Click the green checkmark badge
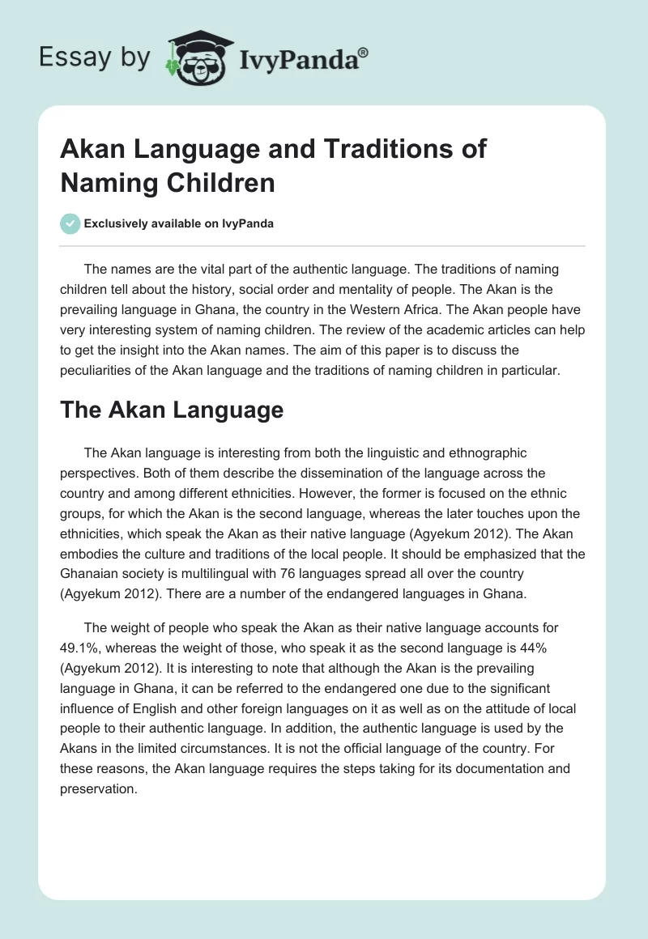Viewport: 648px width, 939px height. [x=71, y=223]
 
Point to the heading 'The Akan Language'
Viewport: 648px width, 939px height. [x=172, y=410]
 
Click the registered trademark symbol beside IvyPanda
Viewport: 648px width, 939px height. [x=364, y=52]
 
